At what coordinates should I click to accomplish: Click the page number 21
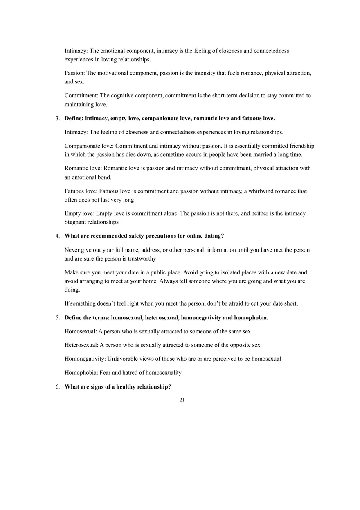(x=182, y=400)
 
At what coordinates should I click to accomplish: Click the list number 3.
(x=57, y=119)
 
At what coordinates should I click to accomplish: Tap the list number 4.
(x=57, y=236)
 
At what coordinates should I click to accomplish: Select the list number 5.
(x=57, y=318)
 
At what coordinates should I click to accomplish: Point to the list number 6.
(x=57, y=387)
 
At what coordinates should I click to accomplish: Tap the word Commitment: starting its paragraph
(x=81, y=96)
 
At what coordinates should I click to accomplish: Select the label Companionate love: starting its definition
(x=89, y=146)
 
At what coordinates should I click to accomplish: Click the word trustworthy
(x=142, y=259)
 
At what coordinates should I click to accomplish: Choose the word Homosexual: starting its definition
(x=81, y=332)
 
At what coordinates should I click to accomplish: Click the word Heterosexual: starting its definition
(x=81, y=345)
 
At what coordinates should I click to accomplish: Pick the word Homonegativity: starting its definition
(x=85, y=359)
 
